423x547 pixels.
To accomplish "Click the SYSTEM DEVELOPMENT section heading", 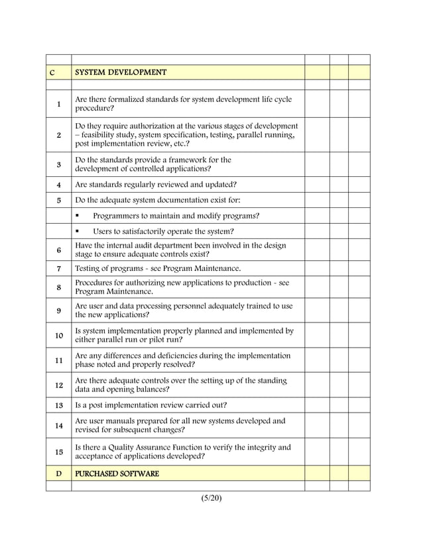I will click(x=121, y=72).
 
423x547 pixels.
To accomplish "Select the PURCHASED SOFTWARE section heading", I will click(x=117, y=473).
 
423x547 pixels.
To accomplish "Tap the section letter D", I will click(x=58, y=473).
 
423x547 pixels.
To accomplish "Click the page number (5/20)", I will click(x=211, y=498).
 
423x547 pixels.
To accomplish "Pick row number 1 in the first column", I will click(x=58, y=104).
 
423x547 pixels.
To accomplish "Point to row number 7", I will click(x=58, y=268).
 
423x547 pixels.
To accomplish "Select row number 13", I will click(x=58, y=405).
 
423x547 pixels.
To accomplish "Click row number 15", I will click(x=58, y=452).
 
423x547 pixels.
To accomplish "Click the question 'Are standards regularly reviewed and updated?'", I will click(x=156, y=184).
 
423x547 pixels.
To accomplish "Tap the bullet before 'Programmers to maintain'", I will click(x=78, y=216).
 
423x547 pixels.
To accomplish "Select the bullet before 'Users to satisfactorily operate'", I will click(x=78, y=232).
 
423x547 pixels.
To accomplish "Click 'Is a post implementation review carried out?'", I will click(x=151, y=405).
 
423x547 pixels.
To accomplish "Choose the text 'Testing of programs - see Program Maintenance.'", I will click(x=158, y=268).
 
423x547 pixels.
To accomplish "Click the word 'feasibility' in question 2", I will click(x=101, y=135).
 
